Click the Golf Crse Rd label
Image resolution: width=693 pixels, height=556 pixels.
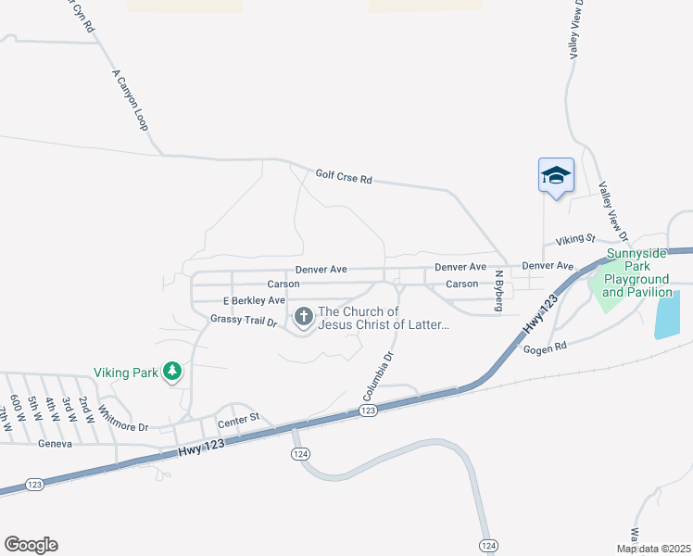coord(343,175)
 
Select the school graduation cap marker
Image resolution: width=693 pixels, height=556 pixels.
coord(556,174)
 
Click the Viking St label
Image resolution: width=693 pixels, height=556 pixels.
coord(574,240)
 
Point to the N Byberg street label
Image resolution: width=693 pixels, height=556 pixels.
coord(498,290)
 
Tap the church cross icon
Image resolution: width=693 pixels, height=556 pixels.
coord(303,318)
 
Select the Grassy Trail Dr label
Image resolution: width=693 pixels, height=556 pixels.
coord(244,320)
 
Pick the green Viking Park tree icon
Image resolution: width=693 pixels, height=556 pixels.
coord(171,373)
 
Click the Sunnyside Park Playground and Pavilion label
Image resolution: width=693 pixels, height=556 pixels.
coord(637,272)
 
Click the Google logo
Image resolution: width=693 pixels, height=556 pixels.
coord(31,545)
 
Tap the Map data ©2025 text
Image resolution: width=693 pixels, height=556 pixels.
coord(652,549)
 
